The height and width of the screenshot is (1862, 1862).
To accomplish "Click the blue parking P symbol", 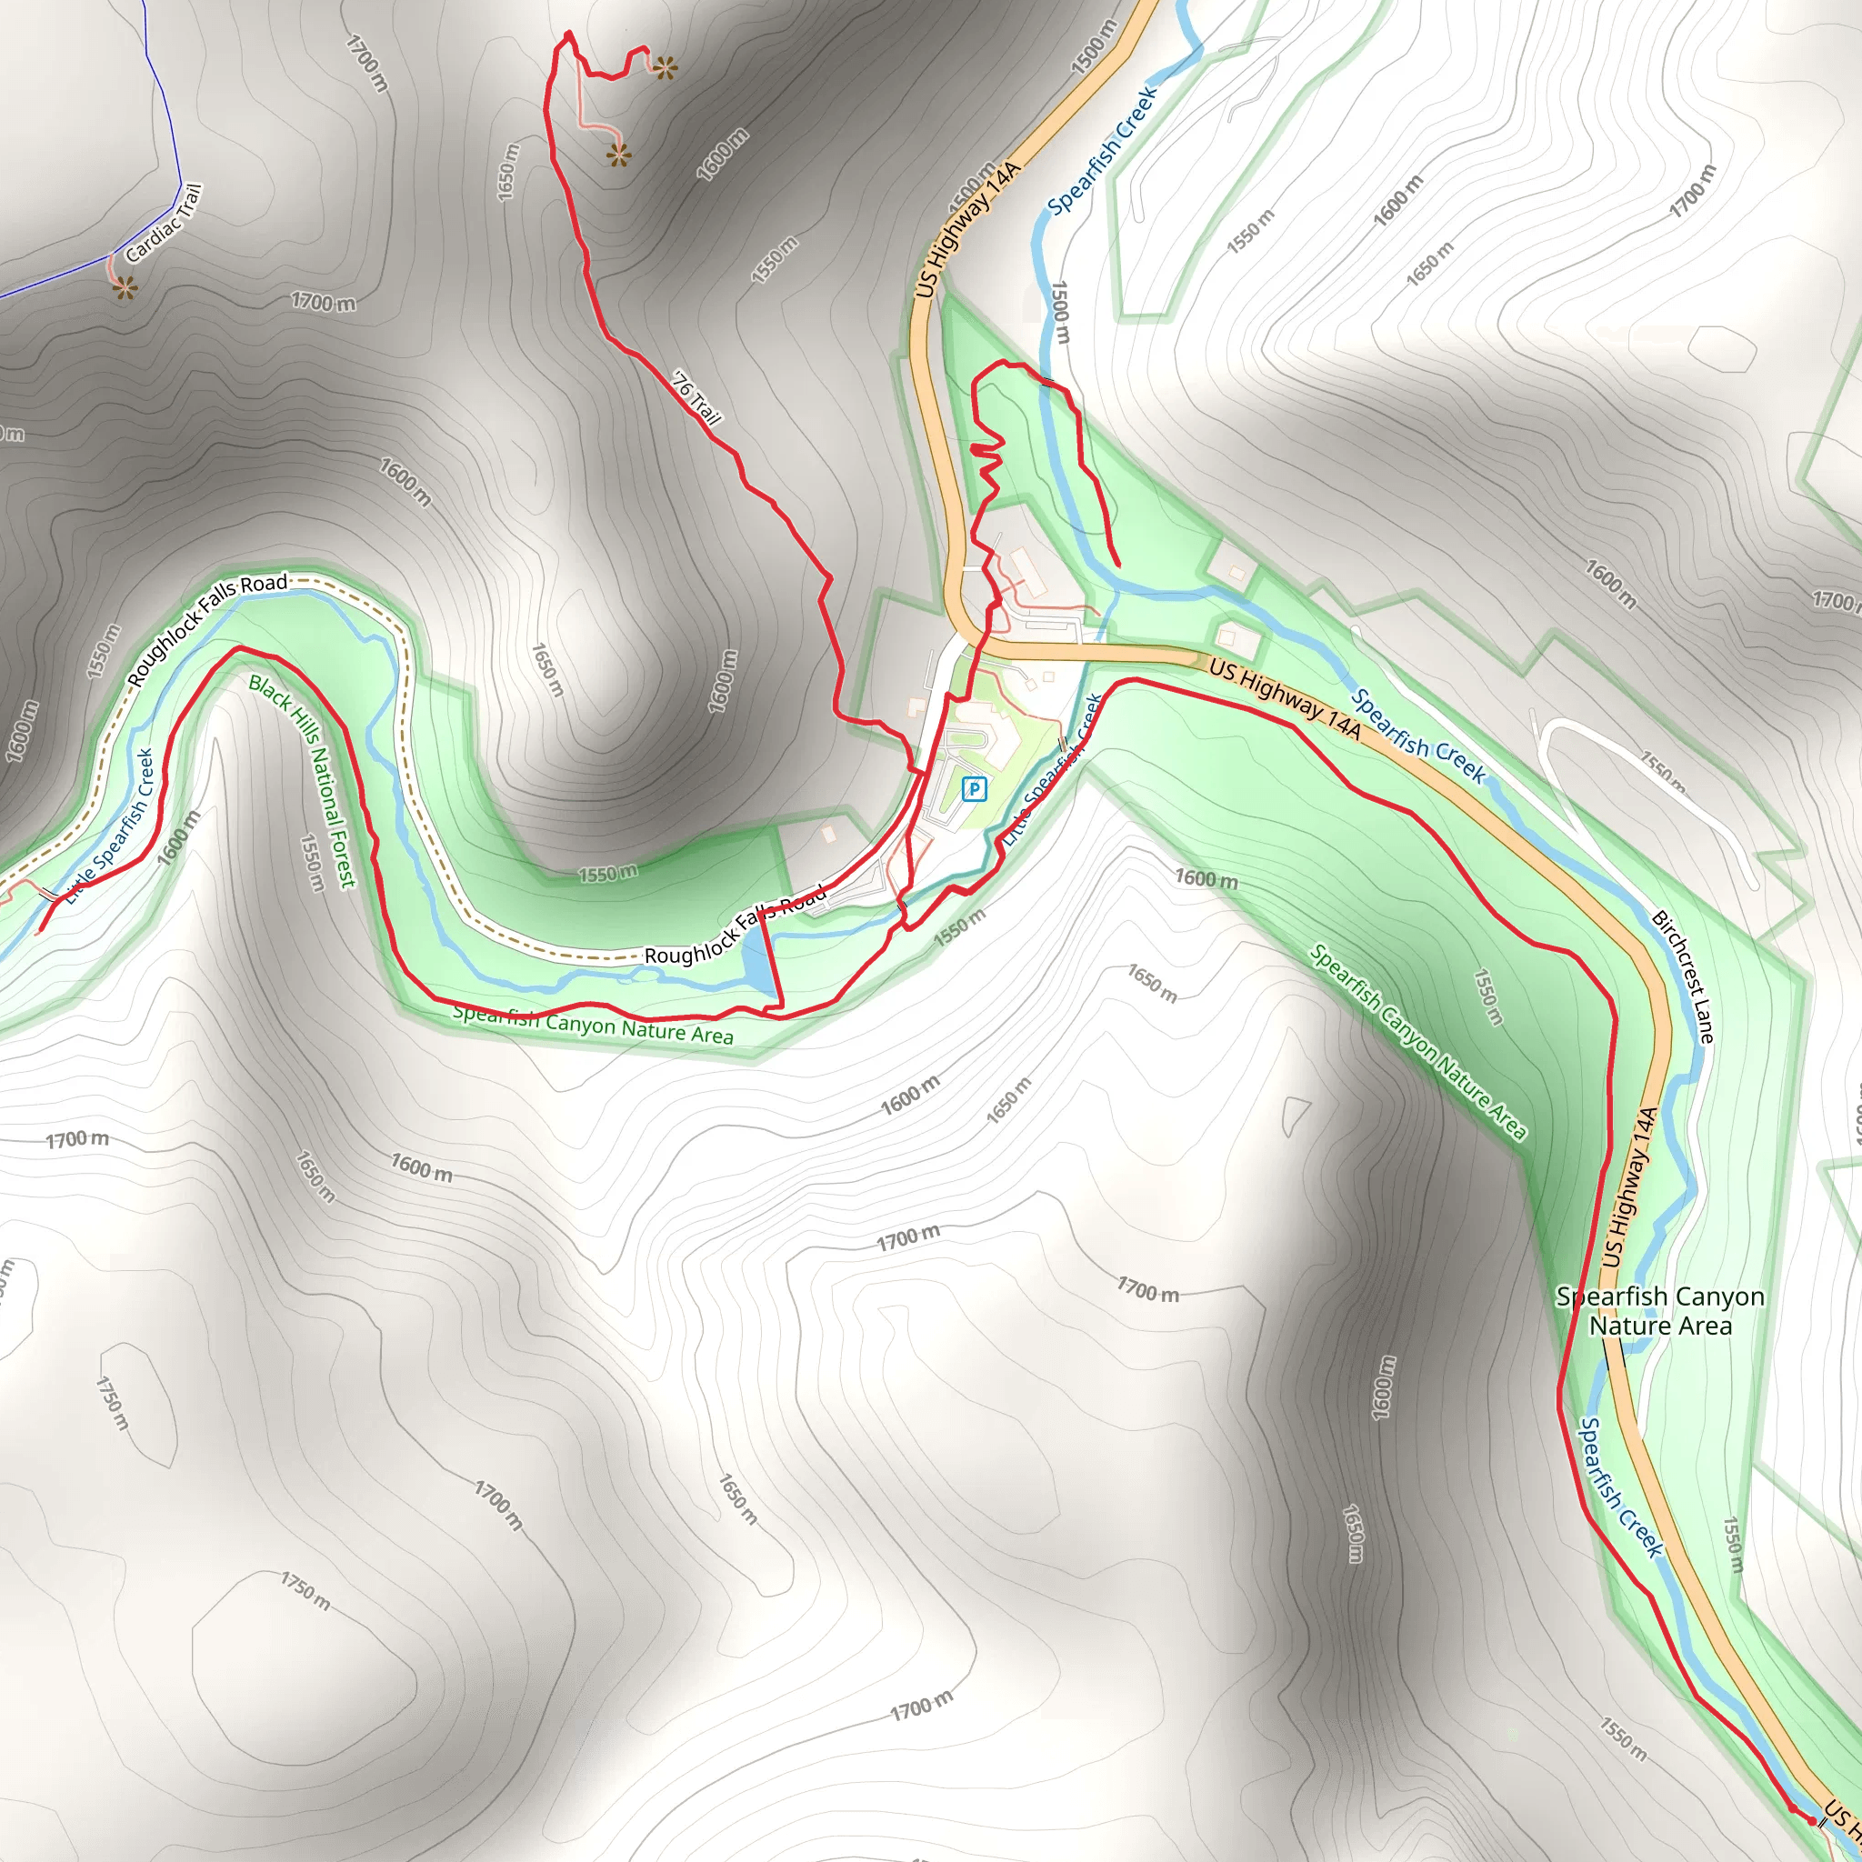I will pyautogui.click(x=975, y=789).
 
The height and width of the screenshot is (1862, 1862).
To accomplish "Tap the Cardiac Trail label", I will pyautogui.click(x=164, y=225).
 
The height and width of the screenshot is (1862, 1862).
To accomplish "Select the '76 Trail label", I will pyautogui.click(x=696, y=398).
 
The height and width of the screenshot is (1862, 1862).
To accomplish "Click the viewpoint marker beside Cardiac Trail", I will pyautogui.click(x=125, y=287).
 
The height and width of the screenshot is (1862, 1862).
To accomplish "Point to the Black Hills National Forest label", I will pyautogui.click(x=303, y=781).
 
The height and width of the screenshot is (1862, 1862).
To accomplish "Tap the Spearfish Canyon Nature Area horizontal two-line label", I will pyautogui.click(x=1659, y=1311).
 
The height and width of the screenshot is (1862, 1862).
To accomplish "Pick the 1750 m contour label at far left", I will pyautogui.click(x=112, y=1402).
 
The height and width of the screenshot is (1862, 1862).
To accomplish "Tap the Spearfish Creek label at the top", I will pyautogui.click(x=1103, y=151).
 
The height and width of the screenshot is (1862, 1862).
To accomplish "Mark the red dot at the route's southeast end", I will pyautogui.click(x=1812, y=1820).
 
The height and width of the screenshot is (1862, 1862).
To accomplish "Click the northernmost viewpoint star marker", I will pyautogui.click(x=665, y=67).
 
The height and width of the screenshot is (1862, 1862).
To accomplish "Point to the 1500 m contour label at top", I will pyautogui.click(x=1094, y=46).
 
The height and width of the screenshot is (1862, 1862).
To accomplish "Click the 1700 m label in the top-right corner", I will pyautogui.click(x=1693, y=190).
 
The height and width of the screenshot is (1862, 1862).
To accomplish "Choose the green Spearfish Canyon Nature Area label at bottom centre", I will pyautogui.click(x=593, y=1025).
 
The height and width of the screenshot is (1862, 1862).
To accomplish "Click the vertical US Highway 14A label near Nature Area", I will pyautogui.click(x=1628, y=1187).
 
